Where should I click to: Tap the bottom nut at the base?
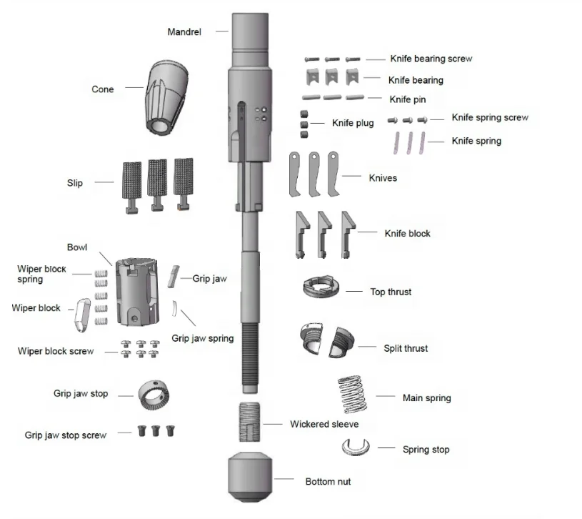pyautogui.click(x=249, y=477)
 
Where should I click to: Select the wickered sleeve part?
pyautogui.click(x=249, y=424)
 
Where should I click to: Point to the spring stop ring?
pyautogui.click(x=356, y=448)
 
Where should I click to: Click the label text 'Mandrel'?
pyautogui.click(x=184, y=32)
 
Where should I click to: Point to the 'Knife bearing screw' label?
pyautogui.click(x=431, y=59)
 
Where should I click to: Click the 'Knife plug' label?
pyautogui.click(x=353, y=123)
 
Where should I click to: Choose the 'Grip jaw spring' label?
pyautogui.click(x=203, y=338)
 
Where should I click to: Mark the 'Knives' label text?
pyautogui.click(x=383, y=177)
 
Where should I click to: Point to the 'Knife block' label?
pyautogui.click(x=407, y=233)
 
